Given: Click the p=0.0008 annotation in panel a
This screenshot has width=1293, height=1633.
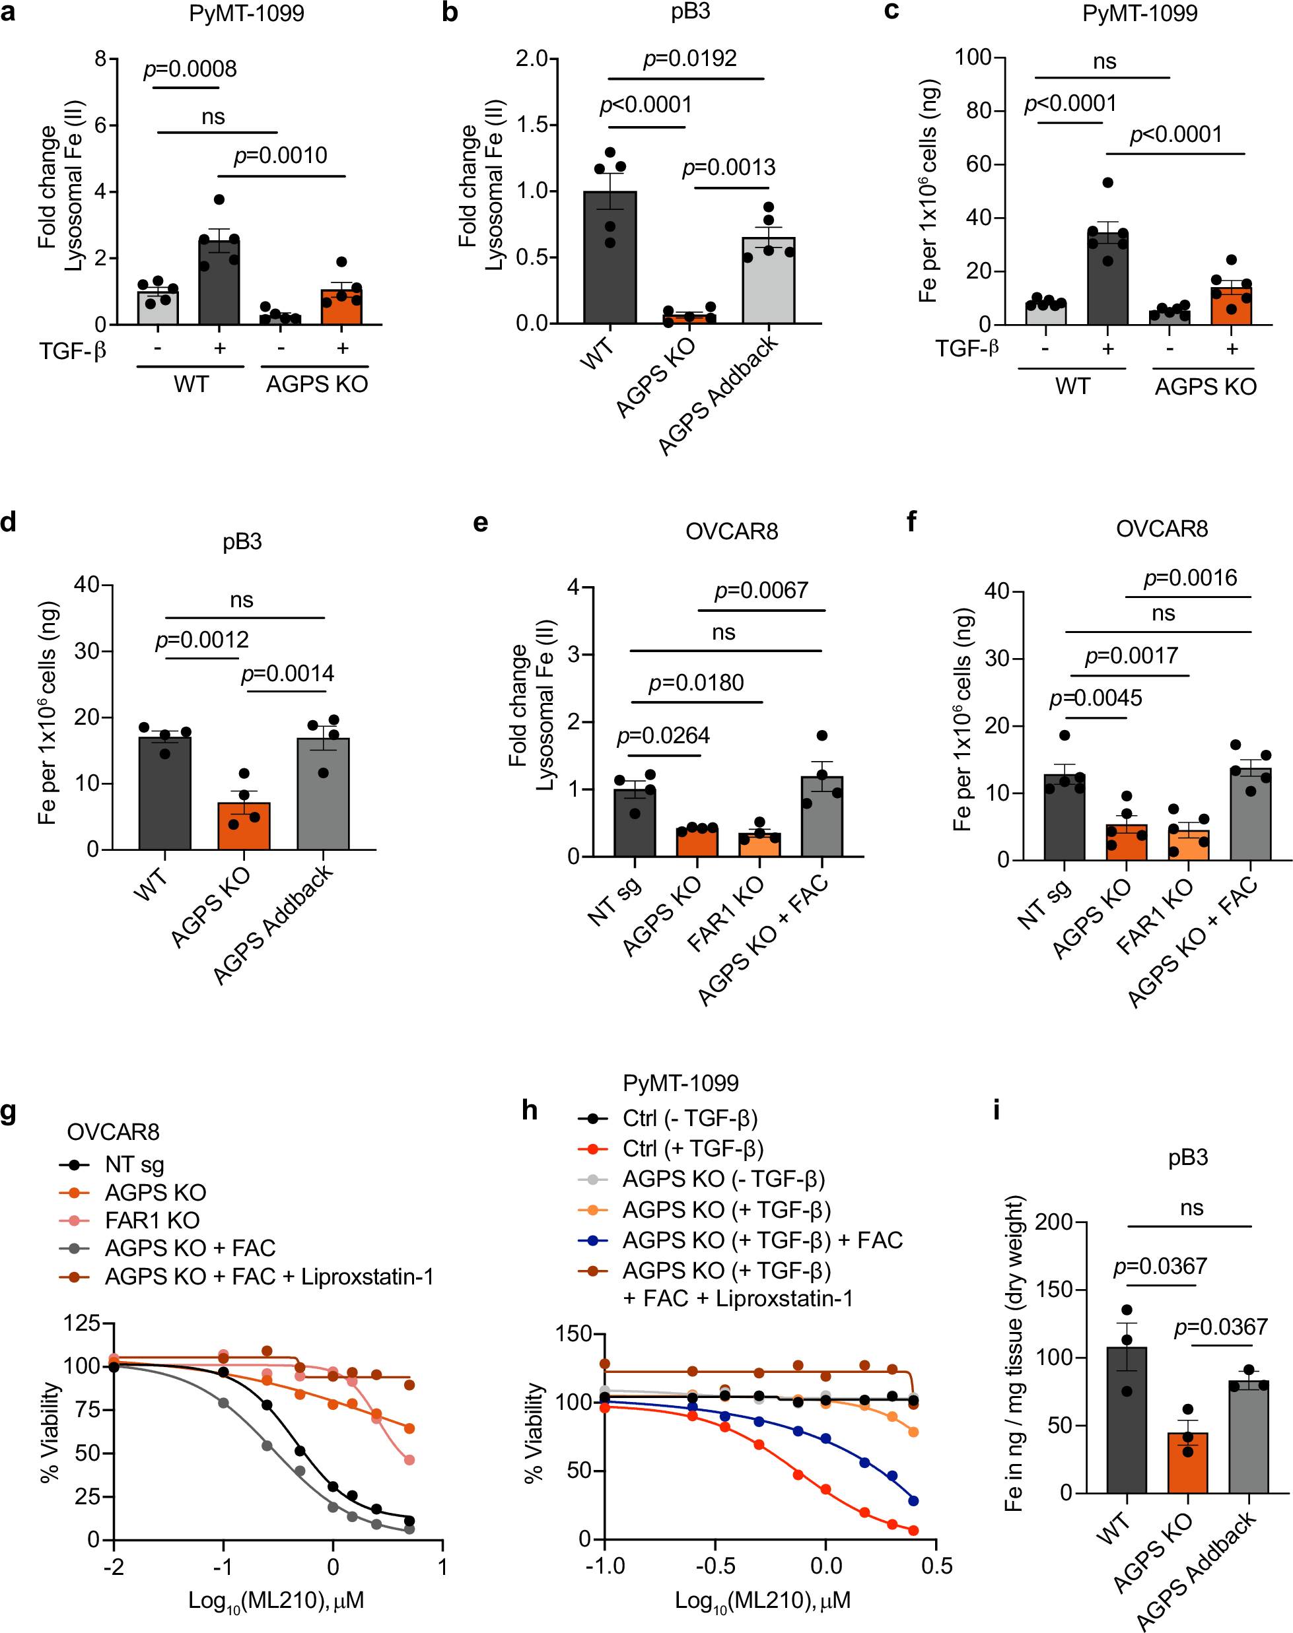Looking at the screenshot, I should point(190,69).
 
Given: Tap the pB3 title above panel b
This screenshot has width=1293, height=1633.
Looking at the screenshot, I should point(689,12).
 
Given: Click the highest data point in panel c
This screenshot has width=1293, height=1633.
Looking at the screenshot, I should point(1107,182).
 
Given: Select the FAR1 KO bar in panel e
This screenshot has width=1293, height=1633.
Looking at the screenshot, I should point(759,844).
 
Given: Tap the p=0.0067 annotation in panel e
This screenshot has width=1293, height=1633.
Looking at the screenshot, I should point(761,590).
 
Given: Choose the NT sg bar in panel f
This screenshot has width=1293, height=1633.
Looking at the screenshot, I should point(1065,816).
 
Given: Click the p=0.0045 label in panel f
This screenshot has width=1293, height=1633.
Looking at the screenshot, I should point(1096,698).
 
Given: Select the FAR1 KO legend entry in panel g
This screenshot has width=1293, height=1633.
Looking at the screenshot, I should point(151,1220).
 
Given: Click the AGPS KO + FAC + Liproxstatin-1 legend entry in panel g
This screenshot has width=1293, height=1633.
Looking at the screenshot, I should point(269,1277).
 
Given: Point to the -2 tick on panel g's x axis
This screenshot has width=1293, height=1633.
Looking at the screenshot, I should point(114,1566).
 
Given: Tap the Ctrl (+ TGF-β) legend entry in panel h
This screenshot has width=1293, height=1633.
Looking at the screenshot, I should point(692,1149).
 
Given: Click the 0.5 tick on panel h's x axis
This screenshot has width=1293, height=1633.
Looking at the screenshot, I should point(936,1565).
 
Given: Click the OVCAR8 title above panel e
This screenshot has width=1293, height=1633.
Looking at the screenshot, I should point(731,531).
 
